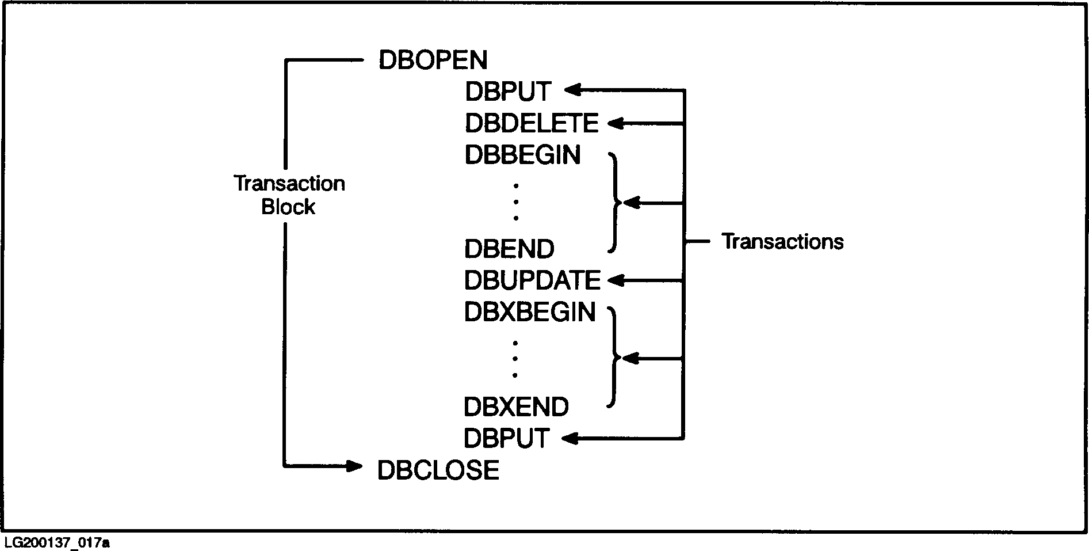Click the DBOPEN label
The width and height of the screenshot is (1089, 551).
point(433,60)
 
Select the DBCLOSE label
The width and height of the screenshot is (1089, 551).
point(438,470)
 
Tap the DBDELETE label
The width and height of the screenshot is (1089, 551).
point(532,123)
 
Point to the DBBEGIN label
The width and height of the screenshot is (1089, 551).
point(522,155)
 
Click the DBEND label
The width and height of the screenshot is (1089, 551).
point(509,249)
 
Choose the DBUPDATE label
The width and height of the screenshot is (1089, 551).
point(532,281)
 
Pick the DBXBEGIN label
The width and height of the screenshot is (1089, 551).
point(530,312)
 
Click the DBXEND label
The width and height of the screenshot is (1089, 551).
point(516,407)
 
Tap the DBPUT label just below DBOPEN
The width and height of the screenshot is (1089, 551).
point(508,92)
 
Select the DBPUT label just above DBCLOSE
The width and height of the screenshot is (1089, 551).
point(506,439)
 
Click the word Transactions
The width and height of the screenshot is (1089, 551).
point(782,242)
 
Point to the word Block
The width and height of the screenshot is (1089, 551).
point(288,207)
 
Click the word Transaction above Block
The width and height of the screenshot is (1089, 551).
point(289,184)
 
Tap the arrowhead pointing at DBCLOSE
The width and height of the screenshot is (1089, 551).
point(354,466)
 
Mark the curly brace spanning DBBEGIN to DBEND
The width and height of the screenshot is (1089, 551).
point(614,203)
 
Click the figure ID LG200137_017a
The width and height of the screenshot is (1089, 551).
point(56,543)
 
